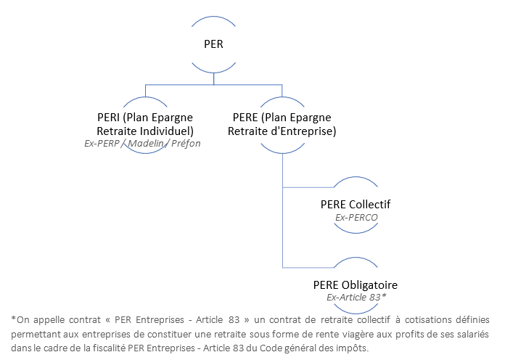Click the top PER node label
213,44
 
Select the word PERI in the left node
109,118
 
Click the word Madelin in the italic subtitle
146,143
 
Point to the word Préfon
186,143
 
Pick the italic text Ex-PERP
102,143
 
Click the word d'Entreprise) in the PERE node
303,131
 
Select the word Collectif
369,205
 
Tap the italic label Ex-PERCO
356,218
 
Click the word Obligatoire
369,285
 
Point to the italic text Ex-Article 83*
356,297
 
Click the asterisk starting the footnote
14,319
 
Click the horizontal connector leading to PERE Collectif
308,187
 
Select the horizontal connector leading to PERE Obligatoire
308,268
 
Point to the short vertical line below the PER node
214,78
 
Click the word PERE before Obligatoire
327,285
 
